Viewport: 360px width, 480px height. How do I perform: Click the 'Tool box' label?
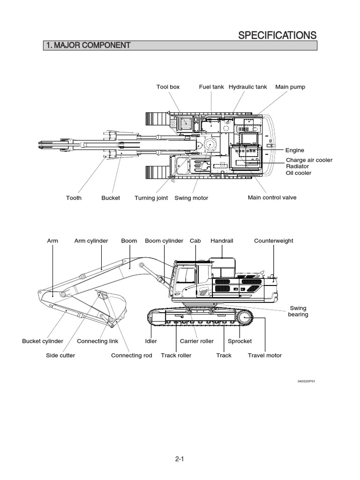point(168,87)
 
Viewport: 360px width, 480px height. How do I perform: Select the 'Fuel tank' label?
point(211,87)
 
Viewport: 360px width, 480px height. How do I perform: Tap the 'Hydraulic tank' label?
point(247,87)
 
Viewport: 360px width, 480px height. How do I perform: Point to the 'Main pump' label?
point(290,87)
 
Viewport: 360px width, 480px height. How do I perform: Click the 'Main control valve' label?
point(272,197)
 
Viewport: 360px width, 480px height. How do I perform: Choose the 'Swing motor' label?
point(191,198)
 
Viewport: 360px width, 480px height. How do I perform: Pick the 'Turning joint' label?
point(151,198)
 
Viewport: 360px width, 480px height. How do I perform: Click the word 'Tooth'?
point(74,198)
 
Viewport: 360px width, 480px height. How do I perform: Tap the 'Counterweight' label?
point(274,240)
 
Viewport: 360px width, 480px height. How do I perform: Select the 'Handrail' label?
point(222,240)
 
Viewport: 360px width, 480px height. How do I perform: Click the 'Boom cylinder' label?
point(164,240)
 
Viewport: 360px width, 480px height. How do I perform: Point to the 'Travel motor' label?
point(265,355)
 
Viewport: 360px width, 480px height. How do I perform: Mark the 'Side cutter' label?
point(60,355)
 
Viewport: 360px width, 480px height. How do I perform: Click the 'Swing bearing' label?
point(298,311)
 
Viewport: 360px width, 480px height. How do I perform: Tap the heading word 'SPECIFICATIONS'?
point(277,35)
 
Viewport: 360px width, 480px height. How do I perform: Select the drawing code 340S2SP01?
point(307,381)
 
